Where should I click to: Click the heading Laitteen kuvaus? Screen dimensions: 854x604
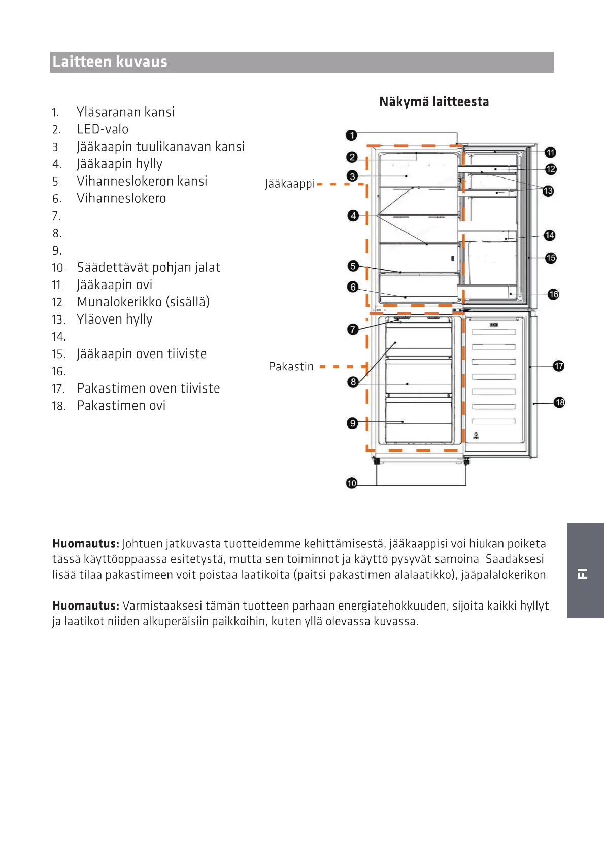(x=110, y=62)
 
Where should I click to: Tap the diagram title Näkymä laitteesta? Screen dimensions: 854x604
(x=434, y=102)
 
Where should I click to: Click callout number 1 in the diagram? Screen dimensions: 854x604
(x=351, y=135)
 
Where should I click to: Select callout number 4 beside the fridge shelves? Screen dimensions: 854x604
(x=353, y=216)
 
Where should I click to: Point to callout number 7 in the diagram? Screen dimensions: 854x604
(x=353, y=330)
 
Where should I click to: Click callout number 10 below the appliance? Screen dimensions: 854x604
(x=352, y=483)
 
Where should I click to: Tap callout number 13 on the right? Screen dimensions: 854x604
(x=548, y=191)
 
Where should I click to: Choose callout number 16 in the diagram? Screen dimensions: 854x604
(x=553, y=294)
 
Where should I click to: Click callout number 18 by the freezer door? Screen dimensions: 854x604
(x=559, y=403)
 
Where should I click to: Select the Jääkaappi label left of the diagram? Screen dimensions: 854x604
(x=290, y=184)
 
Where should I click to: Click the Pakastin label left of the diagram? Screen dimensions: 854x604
(x=291, y=366)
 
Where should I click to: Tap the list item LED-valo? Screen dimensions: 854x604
(x=103, y=129)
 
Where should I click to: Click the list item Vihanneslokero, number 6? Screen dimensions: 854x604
(x=121, y=198)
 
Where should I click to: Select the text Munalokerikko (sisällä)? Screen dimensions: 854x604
(x=143, y=302)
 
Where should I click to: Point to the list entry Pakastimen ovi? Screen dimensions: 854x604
(x=121, y=406)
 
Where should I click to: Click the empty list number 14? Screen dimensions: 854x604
(x=59, y=337)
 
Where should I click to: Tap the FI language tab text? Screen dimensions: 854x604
(x=583, y=574)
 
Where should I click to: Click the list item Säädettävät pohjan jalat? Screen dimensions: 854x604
(x=148, y=267)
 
